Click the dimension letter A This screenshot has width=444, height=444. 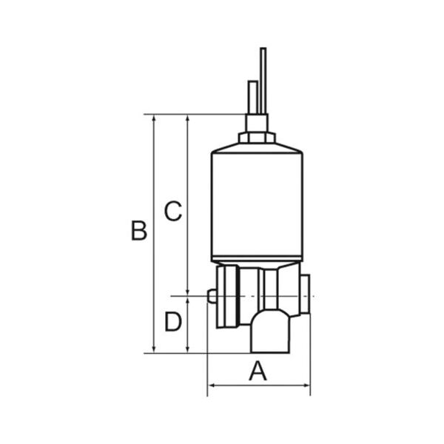tap(258, 371)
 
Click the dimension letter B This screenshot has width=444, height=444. tap(139, 230)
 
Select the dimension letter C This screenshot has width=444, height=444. tap(173, 211)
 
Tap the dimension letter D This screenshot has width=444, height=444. tap(173, 321)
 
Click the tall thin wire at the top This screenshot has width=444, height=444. tap(263, 81)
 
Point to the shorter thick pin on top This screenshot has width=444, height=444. tap(252, 98)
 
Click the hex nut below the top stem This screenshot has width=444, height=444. tap(257, 138)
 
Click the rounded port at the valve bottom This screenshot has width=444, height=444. tap(270, 332)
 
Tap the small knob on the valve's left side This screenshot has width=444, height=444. tap(212, 296)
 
